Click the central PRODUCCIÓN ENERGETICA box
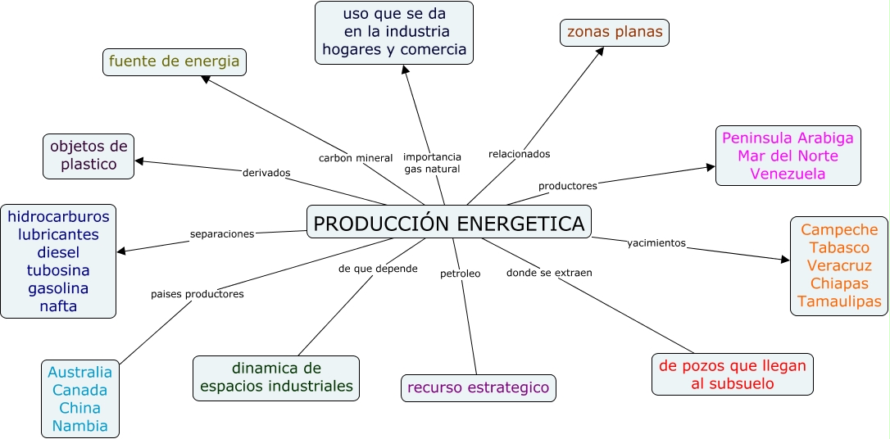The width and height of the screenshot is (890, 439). point(448,223)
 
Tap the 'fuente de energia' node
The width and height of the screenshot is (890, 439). point(175,61)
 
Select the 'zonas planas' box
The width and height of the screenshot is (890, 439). point(614,33)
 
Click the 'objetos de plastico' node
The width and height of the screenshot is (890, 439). point(89,156)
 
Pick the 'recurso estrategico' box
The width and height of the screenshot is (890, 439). point(479,387)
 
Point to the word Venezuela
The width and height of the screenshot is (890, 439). point(788,174)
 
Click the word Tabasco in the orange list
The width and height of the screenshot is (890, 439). point(839,247)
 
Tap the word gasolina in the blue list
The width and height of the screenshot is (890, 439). point(58,288)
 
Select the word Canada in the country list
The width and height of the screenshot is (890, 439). point(79,390)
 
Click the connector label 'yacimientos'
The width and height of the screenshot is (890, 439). point(656,243)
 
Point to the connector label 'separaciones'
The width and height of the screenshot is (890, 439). point(222,233)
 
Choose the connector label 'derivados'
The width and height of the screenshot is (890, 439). point(266,173)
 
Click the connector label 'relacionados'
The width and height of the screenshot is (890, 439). point(519,154)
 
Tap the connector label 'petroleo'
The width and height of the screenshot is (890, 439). point(460,274)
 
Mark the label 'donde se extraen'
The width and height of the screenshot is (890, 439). point(549,273)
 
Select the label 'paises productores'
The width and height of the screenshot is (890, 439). point(197,294)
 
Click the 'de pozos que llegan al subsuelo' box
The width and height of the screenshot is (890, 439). point(733,374)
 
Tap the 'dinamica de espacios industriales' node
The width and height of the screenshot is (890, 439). point(276,378)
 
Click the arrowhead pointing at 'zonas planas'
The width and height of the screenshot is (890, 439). point(601,52)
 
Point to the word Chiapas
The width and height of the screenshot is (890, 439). point(839,283)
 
